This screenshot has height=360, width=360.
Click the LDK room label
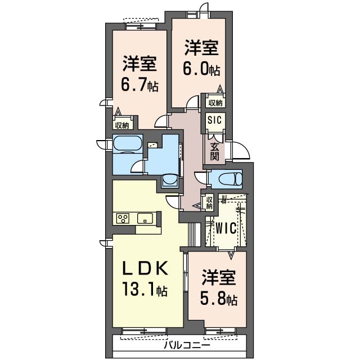pos(145,268)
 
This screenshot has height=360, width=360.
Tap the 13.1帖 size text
pos(145,289)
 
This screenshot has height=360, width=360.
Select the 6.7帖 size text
pos(139,85)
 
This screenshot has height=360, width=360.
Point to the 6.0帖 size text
pos(201,69)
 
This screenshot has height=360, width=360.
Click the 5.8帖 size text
pos(219,298)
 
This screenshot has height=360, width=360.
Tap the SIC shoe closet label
pos(214,120)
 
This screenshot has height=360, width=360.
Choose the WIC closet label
pos(226,228)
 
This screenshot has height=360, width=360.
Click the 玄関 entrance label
pos(215,151)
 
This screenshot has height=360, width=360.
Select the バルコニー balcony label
pos(187,345)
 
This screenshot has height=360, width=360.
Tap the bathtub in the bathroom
pos(128,144)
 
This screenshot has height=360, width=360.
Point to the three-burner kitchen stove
pos(123,218)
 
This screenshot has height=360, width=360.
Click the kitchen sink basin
pos(145,218)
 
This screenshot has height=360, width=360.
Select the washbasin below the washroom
pos(170,180)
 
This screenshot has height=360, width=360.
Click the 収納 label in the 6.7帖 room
pos(123,125)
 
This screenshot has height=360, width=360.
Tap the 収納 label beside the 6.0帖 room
pos(215,103)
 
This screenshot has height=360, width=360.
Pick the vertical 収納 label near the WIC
pos(209,202)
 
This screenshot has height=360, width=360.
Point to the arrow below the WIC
pos(231,254)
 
